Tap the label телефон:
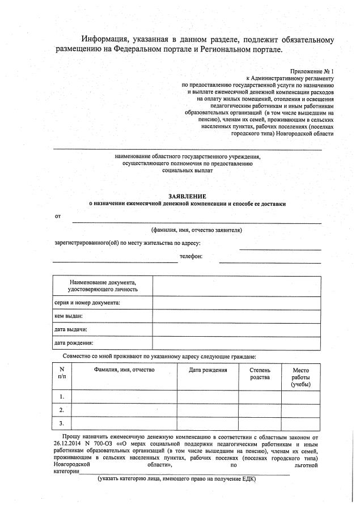190,256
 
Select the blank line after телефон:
270,262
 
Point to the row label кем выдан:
69,316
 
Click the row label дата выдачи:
70,329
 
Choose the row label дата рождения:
74,342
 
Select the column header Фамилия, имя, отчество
124,370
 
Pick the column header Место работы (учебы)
300,377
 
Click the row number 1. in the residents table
62,396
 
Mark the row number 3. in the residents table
62,423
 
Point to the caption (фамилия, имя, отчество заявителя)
197,230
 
